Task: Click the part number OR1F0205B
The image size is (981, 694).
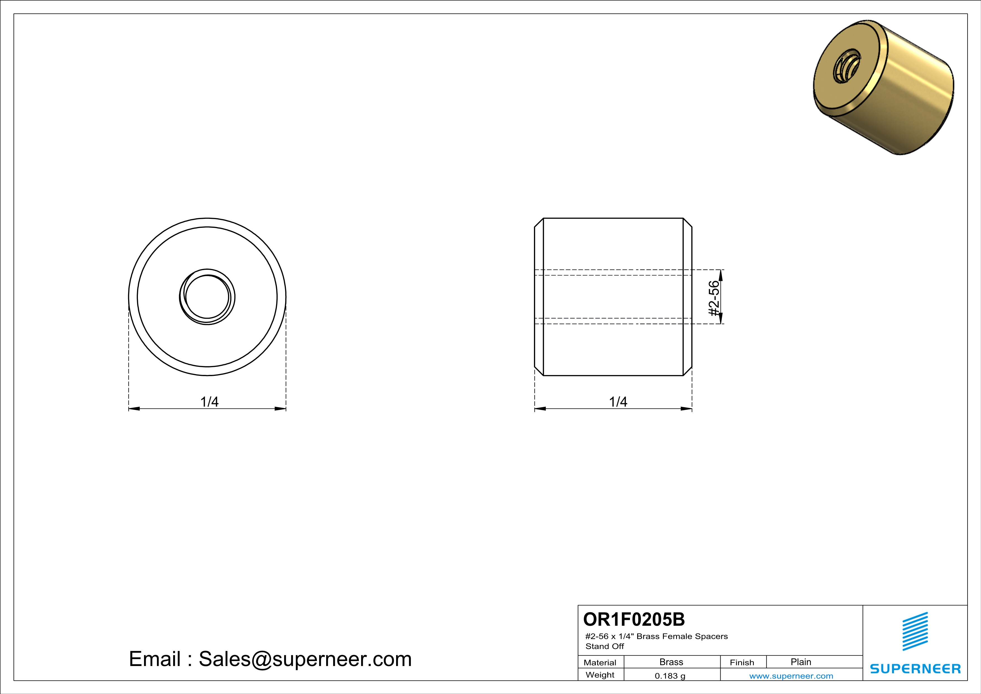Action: tap(634, 619)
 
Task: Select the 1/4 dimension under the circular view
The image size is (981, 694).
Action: tap(209, 402)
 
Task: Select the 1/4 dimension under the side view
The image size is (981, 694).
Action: tap(618, 402)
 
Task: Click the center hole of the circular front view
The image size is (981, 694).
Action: tap(207, 297)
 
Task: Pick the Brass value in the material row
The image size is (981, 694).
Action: tap(671, 662)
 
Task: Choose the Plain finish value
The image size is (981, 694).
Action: tap(801, 662)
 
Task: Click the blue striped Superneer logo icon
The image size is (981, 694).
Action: tap(915, 631)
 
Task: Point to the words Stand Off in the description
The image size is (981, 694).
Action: tap(604, 646)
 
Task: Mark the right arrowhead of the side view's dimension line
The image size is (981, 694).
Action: tap(686, 409)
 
